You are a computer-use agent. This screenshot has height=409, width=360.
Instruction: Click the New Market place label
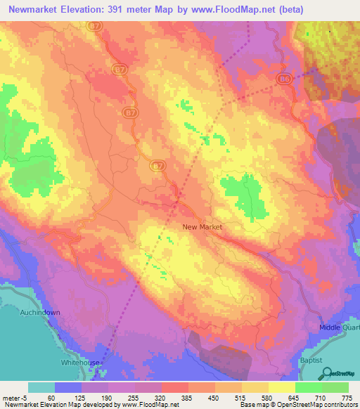(202, 227)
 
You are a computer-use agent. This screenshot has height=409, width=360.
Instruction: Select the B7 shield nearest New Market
(158, 167)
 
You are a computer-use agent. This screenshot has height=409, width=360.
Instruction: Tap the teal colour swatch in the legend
(41, 387)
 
